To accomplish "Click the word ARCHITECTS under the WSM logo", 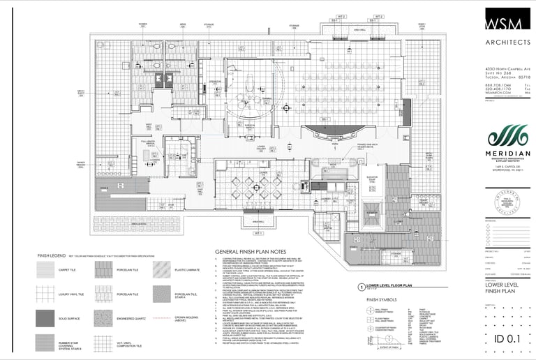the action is [507, 43].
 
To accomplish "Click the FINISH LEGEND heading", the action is [52, 257].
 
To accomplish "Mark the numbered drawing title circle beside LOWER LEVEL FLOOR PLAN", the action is [361, 287].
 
